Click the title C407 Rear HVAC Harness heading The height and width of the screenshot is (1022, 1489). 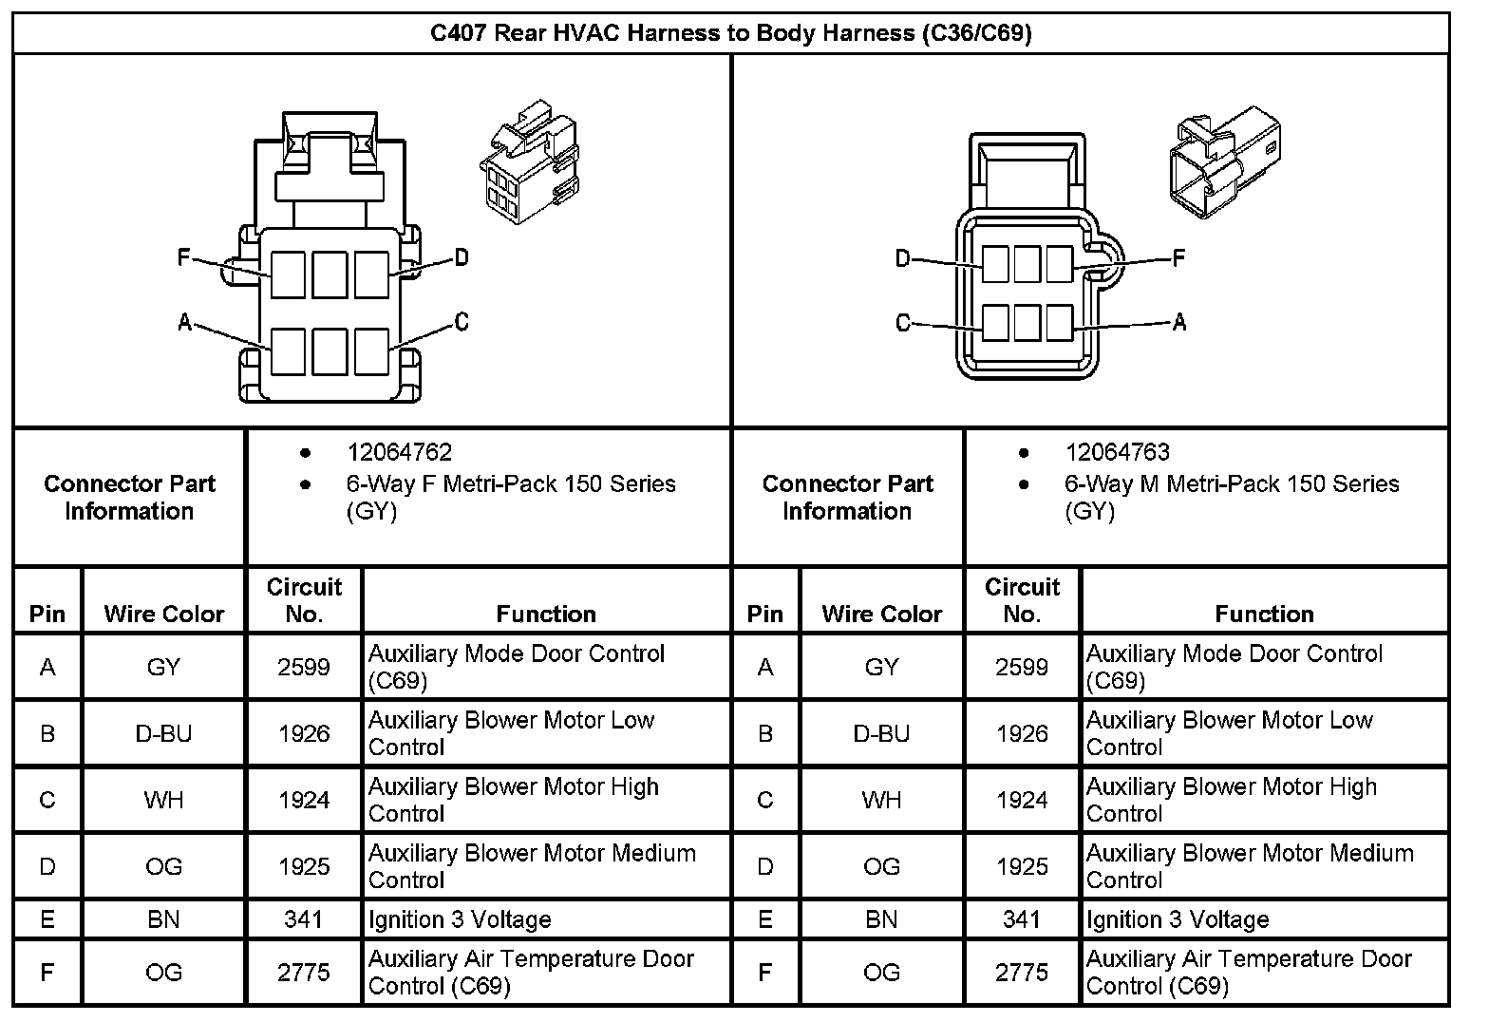730,34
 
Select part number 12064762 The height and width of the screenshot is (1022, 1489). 399,453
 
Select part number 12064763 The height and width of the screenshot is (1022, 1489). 1117,453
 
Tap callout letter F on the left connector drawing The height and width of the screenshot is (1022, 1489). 184,257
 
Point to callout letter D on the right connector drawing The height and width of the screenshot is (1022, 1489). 903,258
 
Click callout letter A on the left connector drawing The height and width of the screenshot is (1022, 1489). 185,323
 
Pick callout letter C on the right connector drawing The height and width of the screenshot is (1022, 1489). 903,323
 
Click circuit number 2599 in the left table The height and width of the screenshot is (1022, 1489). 304,668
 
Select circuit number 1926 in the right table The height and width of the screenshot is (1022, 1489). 1022,734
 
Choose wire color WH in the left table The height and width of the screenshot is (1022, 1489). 163,801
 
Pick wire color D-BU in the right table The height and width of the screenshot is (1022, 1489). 881,734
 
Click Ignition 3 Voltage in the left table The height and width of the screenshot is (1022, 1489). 460,920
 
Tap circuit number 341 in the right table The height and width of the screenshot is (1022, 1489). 1022,920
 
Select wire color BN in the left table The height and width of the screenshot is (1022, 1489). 163,920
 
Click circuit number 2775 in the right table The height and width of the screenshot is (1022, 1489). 1022,973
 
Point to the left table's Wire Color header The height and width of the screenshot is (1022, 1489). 163,615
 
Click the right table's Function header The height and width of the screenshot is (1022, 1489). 1264,615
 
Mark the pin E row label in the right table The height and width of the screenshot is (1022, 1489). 765,920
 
